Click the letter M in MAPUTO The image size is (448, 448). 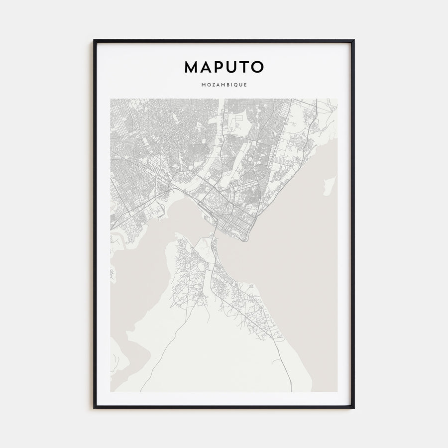coord(191,67)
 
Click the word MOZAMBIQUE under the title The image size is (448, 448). coord(224,85)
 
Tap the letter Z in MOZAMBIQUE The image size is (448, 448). coord(212,85)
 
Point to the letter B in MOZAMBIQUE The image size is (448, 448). coord(226,85)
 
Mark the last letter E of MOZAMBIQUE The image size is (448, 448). coord(246,85)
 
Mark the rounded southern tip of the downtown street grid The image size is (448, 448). coord(243,239)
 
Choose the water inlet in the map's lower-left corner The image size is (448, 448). coord(130,358)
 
